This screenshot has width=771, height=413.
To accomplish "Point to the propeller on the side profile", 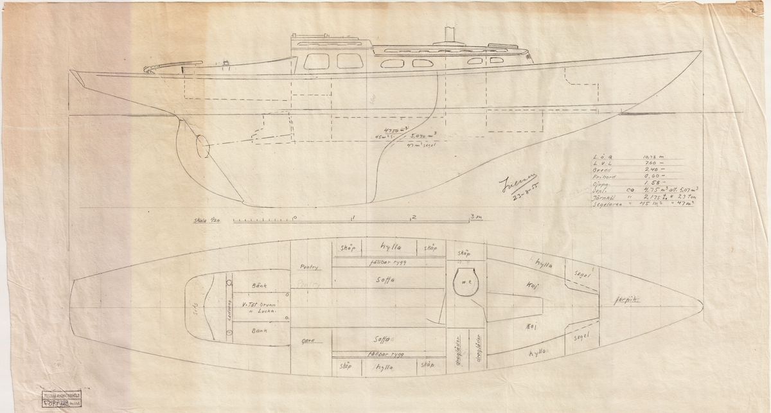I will click(202, 146).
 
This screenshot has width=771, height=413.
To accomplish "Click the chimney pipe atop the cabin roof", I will click(449, 35).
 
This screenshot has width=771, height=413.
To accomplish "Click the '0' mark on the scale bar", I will click(294, 217).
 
